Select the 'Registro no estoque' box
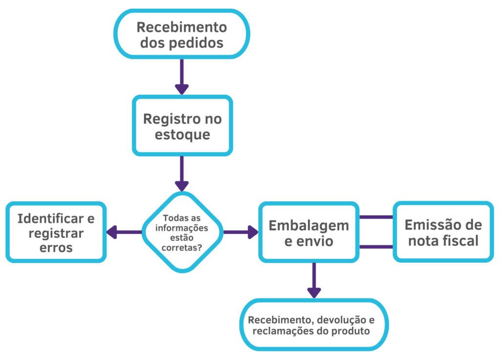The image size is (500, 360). tap(182, 126)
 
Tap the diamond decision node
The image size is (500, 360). tap(182, 232)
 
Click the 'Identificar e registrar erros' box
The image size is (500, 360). tap(56, 233)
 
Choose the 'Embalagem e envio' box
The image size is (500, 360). tap(309, 233)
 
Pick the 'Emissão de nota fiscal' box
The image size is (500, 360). tap(443, 232)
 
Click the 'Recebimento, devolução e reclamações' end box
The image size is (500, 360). tap(314, 325)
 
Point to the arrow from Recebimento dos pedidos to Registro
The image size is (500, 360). tap(182, 76)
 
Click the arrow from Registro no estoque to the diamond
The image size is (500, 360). tap(182, 173)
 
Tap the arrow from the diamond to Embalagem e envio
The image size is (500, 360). tap(241, 232)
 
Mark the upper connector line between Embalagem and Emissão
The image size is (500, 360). tap(376, 217)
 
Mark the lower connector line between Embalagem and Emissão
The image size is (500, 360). tap(376, 247)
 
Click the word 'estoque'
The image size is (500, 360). tap(182, 134)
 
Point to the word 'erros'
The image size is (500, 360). tap(57, 248)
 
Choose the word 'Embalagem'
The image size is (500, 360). tap(309, 225)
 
